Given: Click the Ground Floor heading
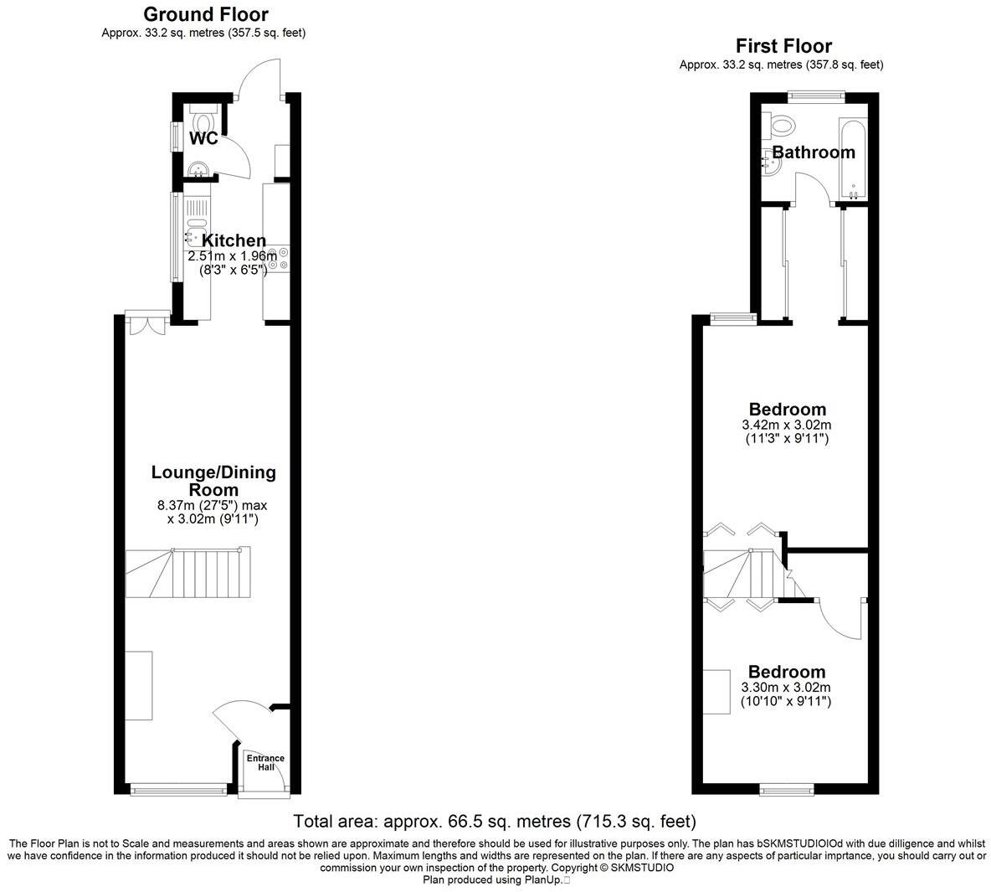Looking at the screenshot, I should pyautogui.click(x=206, y=14).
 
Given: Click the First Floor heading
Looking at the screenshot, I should pyautogui.click(x=783, y=45).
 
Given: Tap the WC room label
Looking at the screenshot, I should pyautogui.click(x=203, y=138).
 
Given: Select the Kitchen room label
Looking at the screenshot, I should pyautogui.click(x=234, y=241).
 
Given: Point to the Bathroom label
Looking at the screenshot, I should pyautogui.click(x=814, y=152).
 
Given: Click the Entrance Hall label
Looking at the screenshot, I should pyautogui.click(x=265, y=762).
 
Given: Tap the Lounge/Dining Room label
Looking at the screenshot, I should pyautogui.click(x=213, y=481).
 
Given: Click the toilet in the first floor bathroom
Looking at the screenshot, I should pyautogui.click(x=782, y=126).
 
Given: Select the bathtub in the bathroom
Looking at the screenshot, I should pyautogui.click(x=854, y=159).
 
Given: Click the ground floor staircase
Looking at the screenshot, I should pyautogui.click(x=187, y=573).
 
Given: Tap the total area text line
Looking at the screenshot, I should pyautogui.click(x=495, y=821).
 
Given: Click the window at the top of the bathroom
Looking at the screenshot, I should pyautogui.click(x=817, y=95).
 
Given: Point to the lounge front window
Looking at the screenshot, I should pyautogui.click(x=178, y=788).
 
